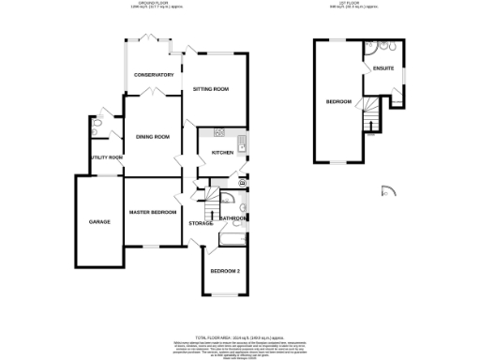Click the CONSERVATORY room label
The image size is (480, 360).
(x=154, y=75)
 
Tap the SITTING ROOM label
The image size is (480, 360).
(x=211, y=89)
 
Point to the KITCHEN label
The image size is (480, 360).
(x=222, y=152)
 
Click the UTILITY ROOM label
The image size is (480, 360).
(x=106, y=157)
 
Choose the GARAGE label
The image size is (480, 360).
(x=99, y=221)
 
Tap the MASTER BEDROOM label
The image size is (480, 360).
(x=154, y=213)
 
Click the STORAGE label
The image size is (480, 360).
(x=201, y=223)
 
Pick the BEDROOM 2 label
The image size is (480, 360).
(x=224, y=271)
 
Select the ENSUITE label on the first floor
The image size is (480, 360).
(x=383, y=69)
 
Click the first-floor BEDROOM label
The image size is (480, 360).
(x=338, y=101)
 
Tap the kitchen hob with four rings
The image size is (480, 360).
(x=219, y=132)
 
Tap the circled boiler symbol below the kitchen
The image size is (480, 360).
(x=241, y=183)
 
